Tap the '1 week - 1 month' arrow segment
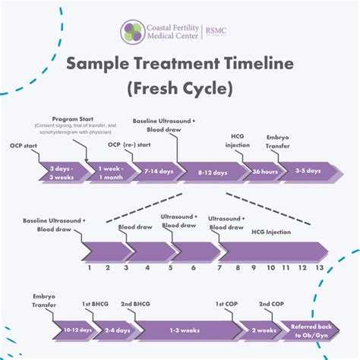pyautogui.click(x=109, y=172)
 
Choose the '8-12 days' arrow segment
pyautogui.click(x=211, y=172)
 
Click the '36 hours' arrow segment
pyautogui.click(x=263, y=172)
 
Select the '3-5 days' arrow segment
pyautogui.click(x=308, y=172)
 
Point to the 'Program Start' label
pyautogui.click(x=73, y=119)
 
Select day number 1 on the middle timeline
pyautogui.click(x=90, y=267)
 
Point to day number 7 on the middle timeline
pyautogui.click(x=219, y=267)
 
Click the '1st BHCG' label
pyautogui.click(x=96, y=305)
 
